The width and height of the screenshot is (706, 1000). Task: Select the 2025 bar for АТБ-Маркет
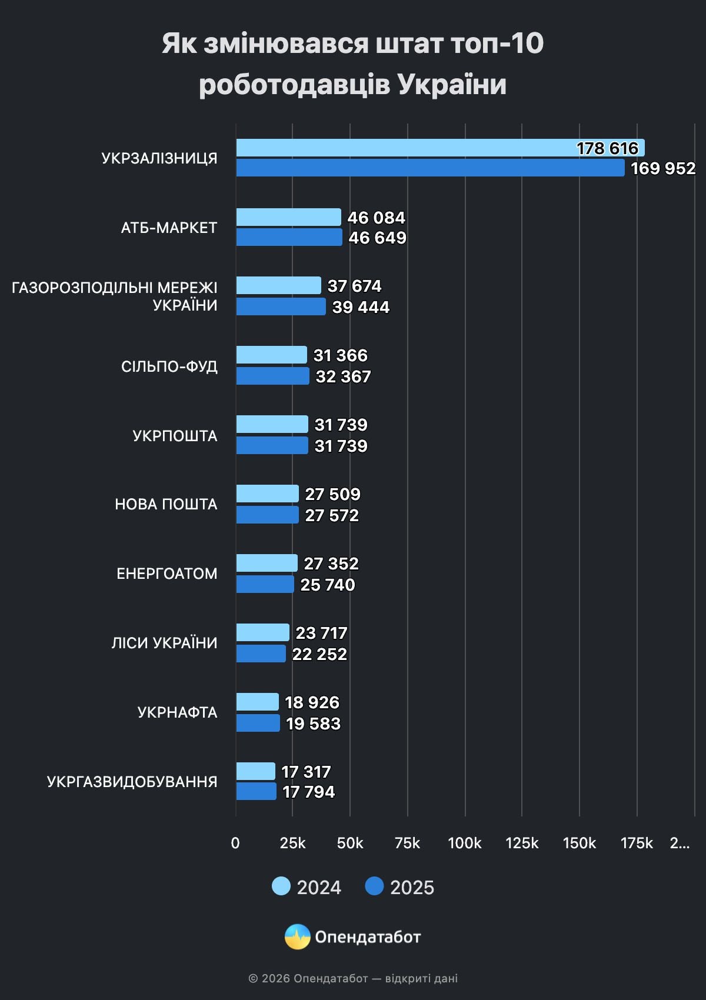click(x=289, y=238)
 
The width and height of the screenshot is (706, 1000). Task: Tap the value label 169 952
click(x=663, y=169)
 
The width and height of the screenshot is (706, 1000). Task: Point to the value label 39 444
click(x=361, y=307)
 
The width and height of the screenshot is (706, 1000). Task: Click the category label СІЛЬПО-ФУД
click(x=169, y=366)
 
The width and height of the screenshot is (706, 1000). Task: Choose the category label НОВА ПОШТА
click(x=166, y=504)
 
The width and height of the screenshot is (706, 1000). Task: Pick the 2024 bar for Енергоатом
click(x=267, y=564)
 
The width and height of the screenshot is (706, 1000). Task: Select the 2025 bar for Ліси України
click(x=261, y=654)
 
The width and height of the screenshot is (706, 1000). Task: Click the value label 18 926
click(x=312, y=702)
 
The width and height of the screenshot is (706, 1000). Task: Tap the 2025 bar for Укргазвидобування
click(x=257, y=792)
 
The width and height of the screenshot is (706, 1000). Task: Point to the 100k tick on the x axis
click(x=464, y=843)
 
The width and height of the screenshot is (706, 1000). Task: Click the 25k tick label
click(x=292, y=843)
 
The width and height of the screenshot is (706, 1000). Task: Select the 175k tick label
click(x=637, y=843)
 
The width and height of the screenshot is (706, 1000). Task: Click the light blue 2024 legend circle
click(x=281, y=886)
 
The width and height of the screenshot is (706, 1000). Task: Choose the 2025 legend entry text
click(x=412, y=888)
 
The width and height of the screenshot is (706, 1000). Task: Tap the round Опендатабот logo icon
click(x=298, y=936)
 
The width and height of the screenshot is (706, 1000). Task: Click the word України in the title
click(x=452, y=84)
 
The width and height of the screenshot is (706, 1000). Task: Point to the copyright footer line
click(x=353, y=978)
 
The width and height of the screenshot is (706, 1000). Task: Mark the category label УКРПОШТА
click(x=175, y=436)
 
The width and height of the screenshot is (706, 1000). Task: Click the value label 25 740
click(x=328, y=585)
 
